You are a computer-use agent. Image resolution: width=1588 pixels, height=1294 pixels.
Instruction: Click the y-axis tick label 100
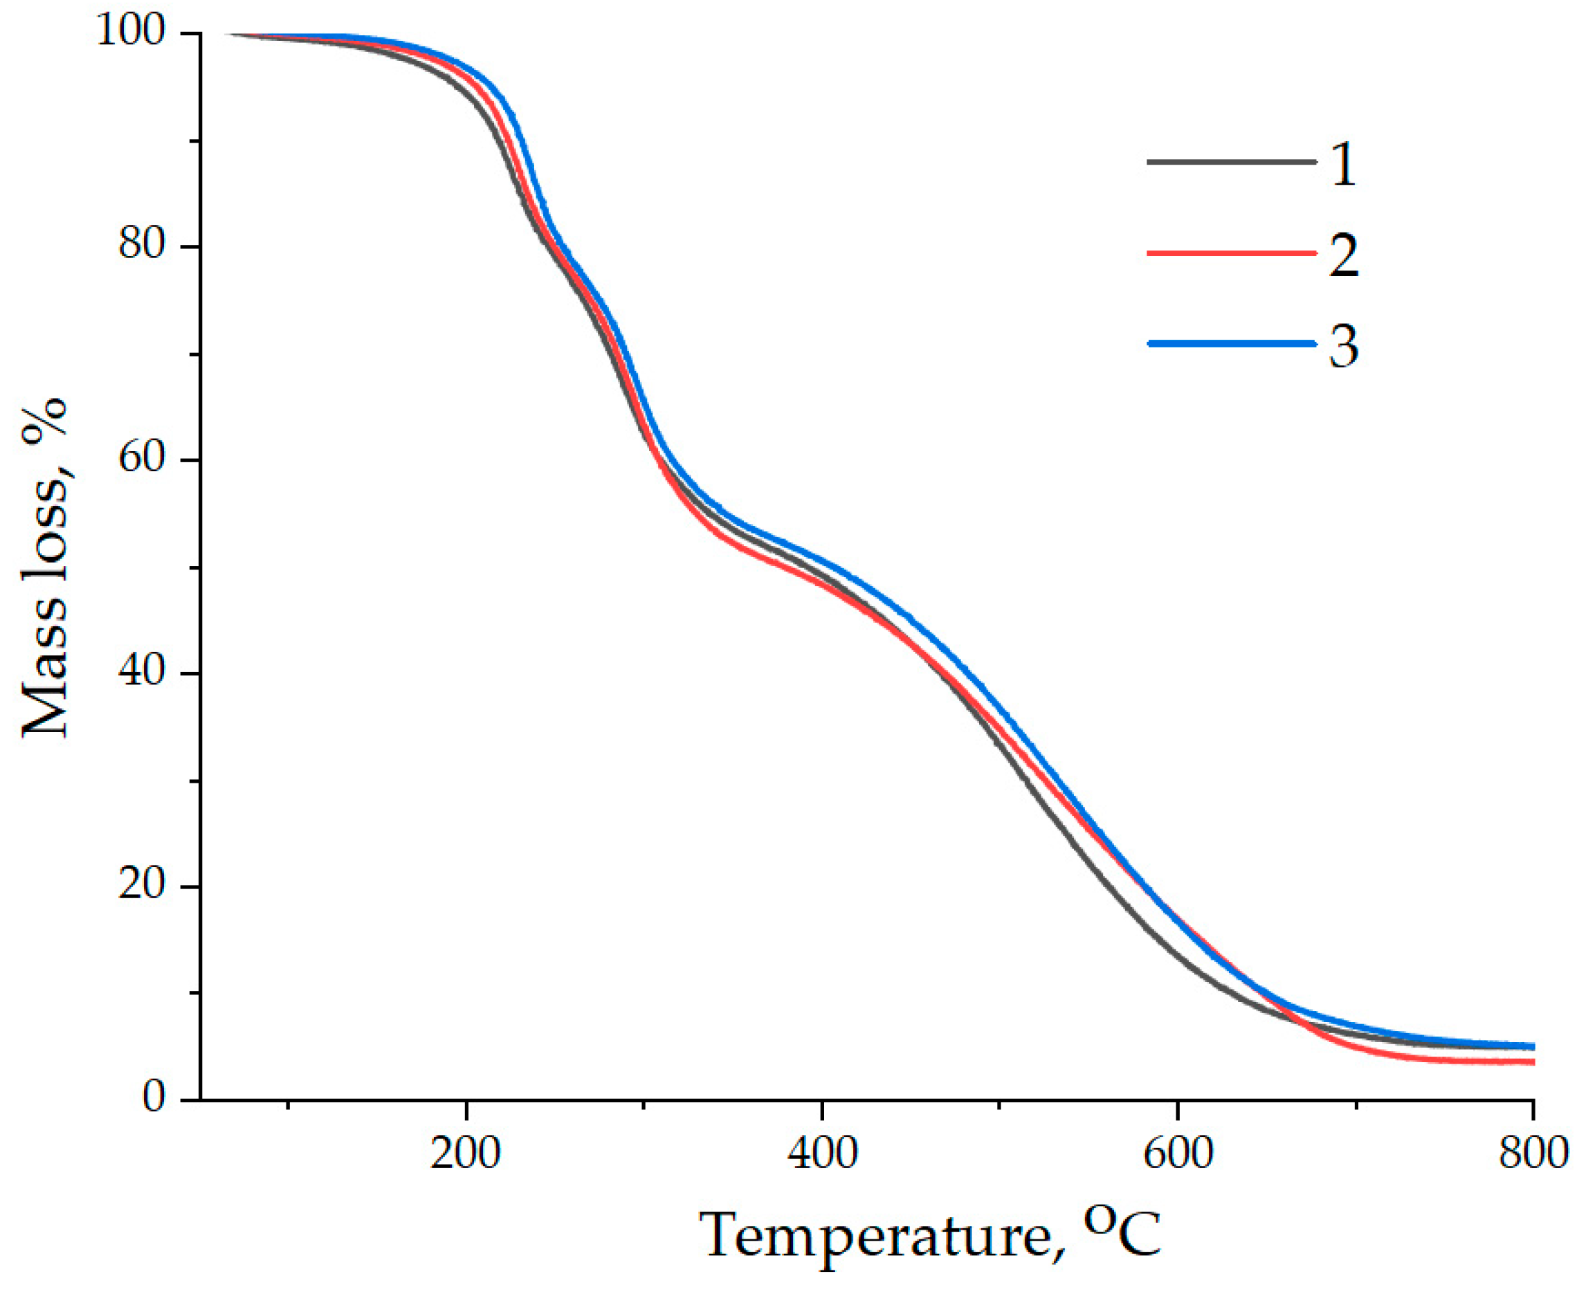pyautogui.click(x=130, y=33)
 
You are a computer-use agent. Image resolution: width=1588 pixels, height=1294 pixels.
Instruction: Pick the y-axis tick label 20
pyautogui.click(x=142, y=884)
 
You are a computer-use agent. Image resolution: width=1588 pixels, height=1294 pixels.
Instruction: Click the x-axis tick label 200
pyautogui.click(x=465, y=1153)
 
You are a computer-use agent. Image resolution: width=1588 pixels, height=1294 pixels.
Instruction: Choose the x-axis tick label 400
pyautogui.click(x=822, y=1153)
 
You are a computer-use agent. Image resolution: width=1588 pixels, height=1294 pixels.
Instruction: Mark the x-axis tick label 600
pyautogui.click(x=1178, y=1153)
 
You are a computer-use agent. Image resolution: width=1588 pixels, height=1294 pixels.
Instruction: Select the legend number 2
pyautogui.click(x=1343, y=255)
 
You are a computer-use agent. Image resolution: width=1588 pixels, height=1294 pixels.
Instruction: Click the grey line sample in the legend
pyautogui.click(x=1231, y=162)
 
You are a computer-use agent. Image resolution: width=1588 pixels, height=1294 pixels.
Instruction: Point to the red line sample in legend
pyautogui.click(x=1231, y=253)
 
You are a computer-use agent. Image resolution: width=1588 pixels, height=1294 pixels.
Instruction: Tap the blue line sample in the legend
pyautogui.click(x=1231, y=343)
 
